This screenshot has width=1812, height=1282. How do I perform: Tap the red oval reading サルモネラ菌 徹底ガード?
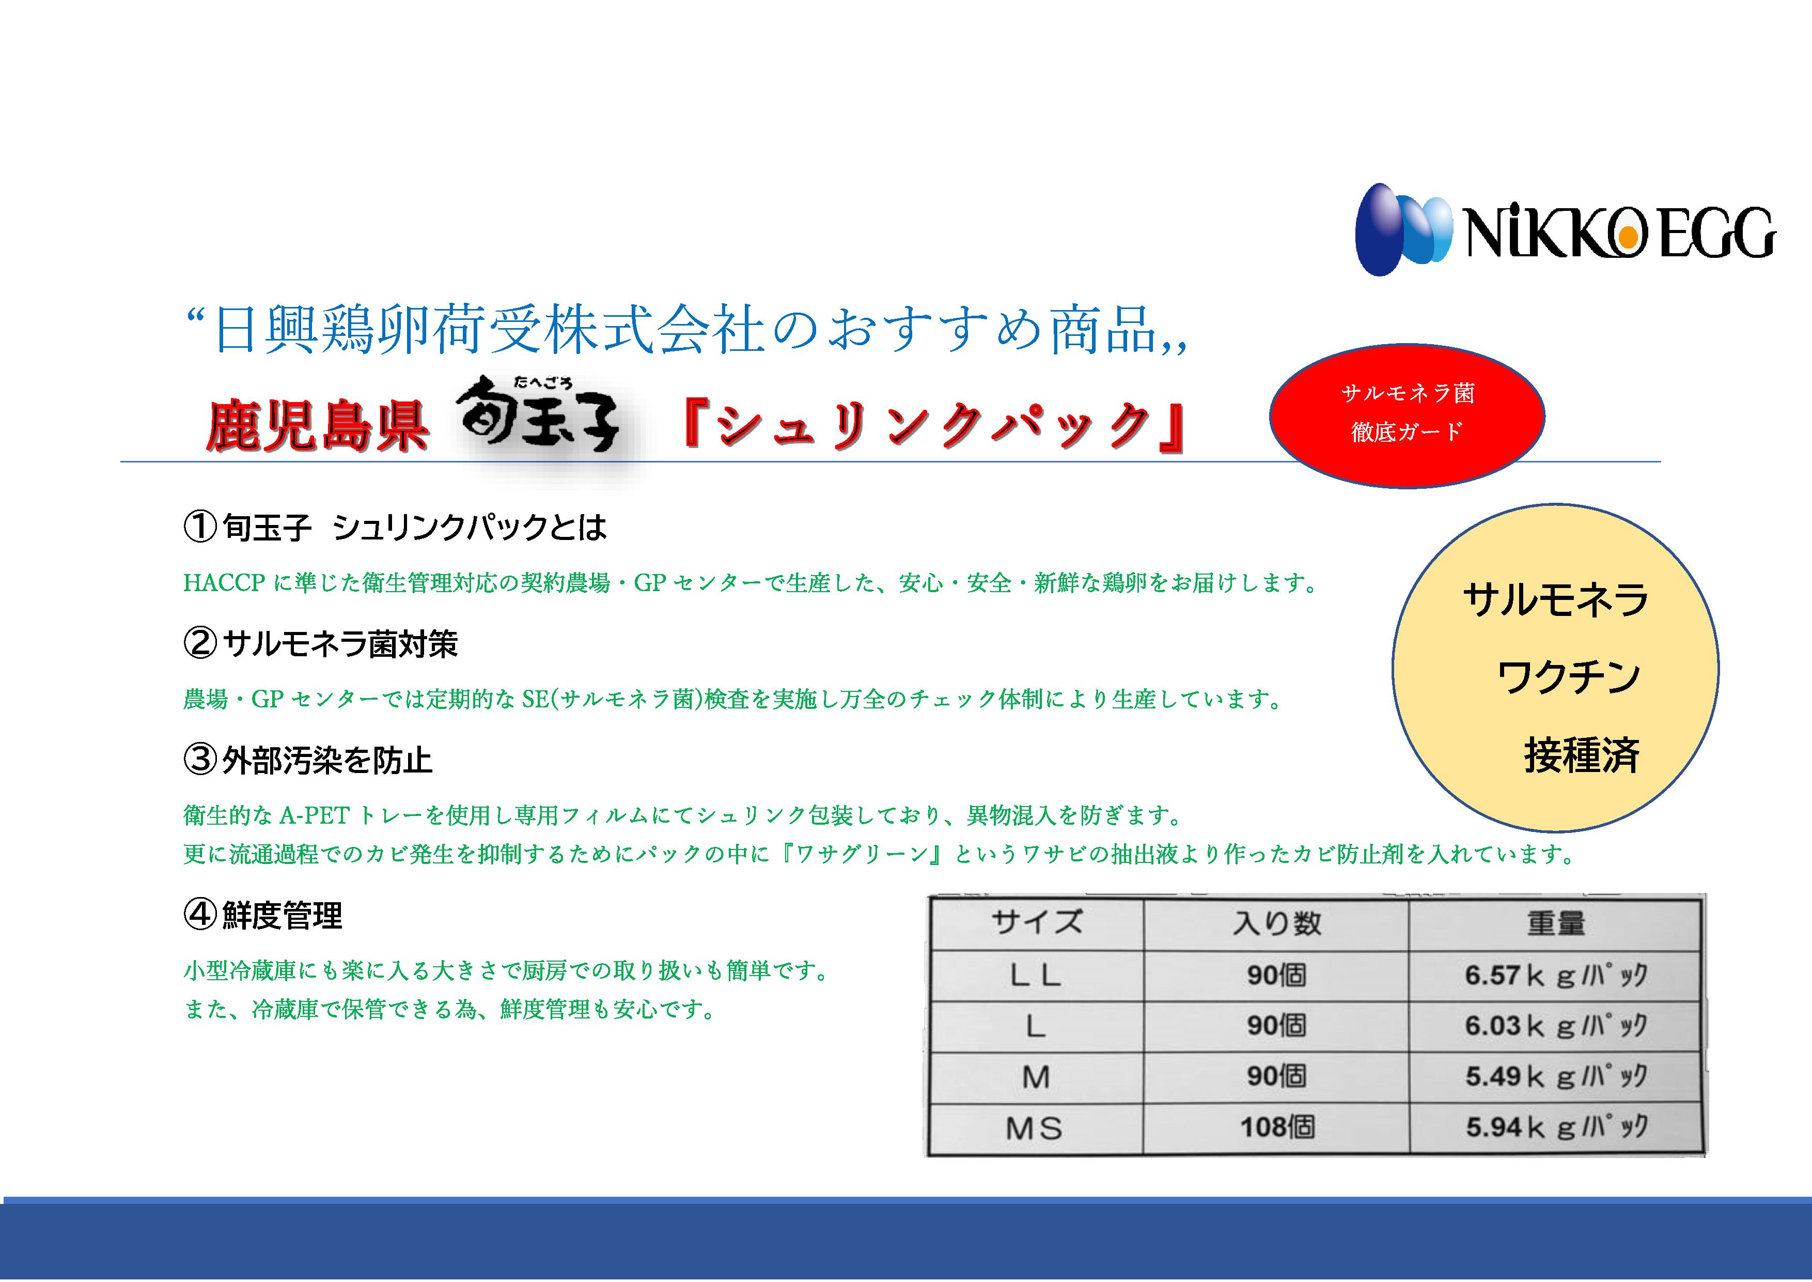[1407, 415]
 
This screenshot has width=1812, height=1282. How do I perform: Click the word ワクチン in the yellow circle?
[1568, 677]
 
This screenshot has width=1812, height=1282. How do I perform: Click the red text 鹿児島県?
[317, 427]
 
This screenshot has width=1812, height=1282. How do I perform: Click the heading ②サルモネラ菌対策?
[320, 644]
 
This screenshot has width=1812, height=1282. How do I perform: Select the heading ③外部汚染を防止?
[308, 760]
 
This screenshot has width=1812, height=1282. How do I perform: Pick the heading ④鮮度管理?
[263, 916]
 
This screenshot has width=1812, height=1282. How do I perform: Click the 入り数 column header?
[1277, 923]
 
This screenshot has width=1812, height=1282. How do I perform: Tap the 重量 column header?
[1555, 923]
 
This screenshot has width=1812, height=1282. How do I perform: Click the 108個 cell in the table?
[1277, 1127]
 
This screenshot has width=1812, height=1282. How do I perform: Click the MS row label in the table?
[1035, 1129]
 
